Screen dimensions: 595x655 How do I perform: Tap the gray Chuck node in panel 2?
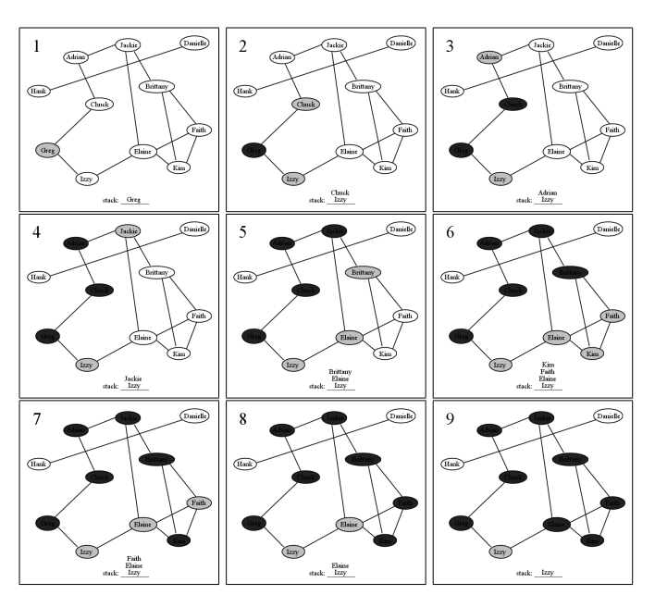tap(307, 105)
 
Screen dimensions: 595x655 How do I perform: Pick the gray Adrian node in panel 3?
tap(489, 57)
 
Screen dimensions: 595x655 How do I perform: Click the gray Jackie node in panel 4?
tap(127, 230)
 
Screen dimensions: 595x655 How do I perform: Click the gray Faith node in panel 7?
tap(197, 502)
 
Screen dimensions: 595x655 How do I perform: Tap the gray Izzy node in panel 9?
tap(501, 552)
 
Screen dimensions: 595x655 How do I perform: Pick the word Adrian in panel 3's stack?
tap(548, 192)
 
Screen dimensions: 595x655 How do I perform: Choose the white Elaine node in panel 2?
tap(349, 152)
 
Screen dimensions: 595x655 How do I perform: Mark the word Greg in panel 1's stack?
tap(133, 199)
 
